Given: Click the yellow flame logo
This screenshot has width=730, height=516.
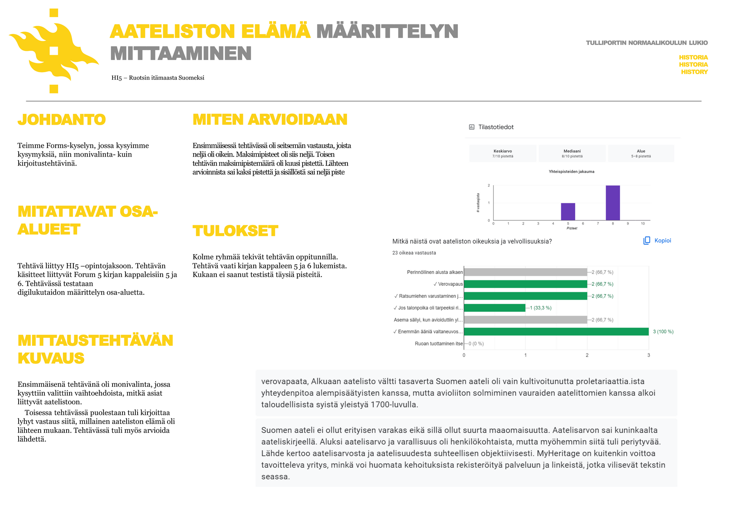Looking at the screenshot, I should pos(54,51).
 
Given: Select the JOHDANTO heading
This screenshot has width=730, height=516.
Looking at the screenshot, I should pos(62,120).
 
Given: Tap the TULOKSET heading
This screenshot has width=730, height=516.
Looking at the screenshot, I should pos(235,231).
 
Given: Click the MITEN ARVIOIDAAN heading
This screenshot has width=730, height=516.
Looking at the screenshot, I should pos(270,120).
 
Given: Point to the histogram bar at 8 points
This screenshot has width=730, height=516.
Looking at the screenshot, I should pos(613,203).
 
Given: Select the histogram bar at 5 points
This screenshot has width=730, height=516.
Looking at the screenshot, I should pos(568,212).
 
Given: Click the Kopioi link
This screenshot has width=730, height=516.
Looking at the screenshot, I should pos(662,241).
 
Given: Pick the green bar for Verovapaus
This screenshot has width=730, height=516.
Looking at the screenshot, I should pos(525,284).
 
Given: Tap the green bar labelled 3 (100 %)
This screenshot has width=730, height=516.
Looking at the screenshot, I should pos(556,332).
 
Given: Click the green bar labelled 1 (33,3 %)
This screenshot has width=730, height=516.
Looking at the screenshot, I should pos(495,308).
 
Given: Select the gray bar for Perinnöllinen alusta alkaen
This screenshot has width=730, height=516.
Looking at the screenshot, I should pos(525,272).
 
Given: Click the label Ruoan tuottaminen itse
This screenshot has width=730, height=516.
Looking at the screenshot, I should pos(439,343).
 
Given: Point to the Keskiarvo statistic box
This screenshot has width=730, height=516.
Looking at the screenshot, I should pos(503,154).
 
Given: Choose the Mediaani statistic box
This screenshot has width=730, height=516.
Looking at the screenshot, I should pos(572,154).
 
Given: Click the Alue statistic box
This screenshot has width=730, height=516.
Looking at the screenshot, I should pos(641,154).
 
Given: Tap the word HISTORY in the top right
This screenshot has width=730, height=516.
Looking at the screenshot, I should pos(694,72).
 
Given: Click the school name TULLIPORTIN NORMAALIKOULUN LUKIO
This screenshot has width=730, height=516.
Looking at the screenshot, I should pos(646,43).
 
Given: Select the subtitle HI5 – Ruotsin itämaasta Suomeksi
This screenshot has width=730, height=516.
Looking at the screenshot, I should pos(158,78).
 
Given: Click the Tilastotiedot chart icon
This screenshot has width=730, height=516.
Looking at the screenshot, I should pos(471,127).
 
